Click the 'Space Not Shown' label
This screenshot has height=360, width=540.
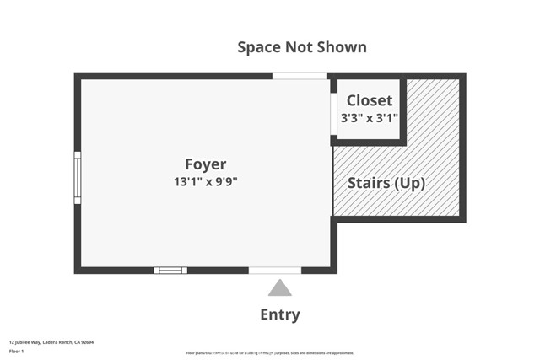pyautogui.click(x=301, y=47)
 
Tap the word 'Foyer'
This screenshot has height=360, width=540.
pyautogui.click(x=206, y=164)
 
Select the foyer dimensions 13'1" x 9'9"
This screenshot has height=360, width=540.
pyautogui.click(x=206, y=181)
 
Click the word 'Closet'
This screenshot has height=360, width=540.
pyautogui.click(x=370, y=100)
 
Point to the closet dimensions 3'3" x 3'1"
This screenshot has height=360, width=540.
pyautogui.click(x=369, y=119)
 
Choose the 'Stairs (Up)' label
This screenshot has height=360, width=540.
pyautogui.click(x=386, y=183)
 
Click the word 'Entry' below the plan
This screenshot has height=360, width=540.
pyautogui.click(x=279, y=315)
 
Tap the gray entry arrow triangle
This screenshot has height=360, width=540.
pyautogui.click(x=279, y=288)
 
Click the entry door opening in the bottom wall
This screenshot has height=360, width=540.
pyautogui.click(x=275, y=271)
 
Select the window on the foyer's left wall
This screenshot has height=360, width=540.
pyautogui.click(x=78, y=177)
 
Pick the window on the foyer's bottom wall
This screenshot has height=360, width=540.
pyautogui.click(x=170, y=271)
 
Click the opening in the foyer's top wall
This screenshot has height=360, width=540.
pyautogui.click(x=299, y=76)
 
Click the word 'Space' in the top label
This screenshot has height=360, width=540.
pyautogui.click(x=258, y=47)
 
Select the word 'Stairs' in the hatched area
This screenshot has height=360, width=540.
pyautogui.click(x=370, y=183)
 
